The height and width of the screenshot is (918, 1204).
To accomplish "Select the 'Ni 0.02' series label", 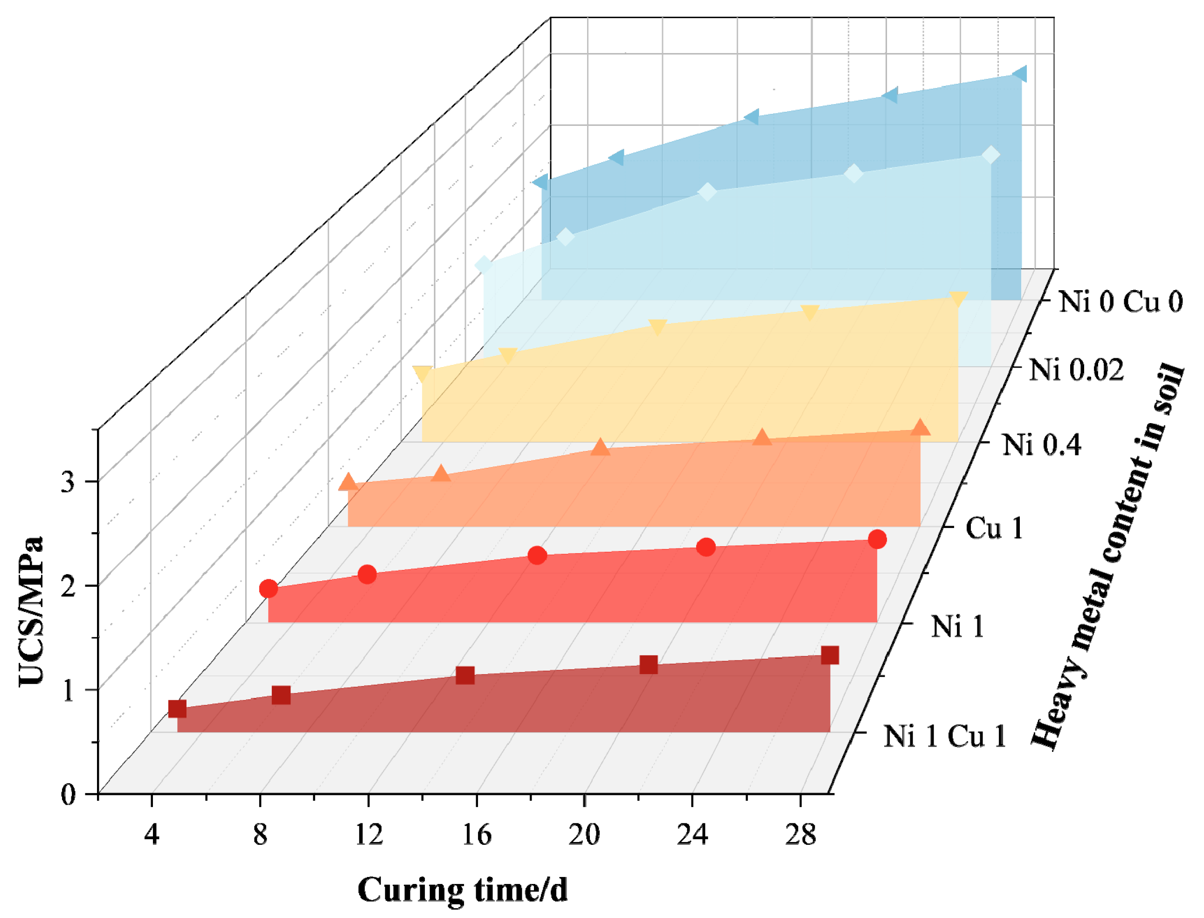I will click(x=1077, y=370).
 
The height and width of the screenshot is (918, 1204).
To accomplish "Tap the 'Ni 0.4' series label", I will click(x=1041, y=445).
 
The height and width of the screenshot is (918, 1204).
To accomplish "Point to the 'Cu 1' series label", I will click(x=994, y=529).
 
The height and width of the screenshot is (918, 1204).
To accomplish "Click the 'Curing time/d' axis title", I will click(x=462, y=889).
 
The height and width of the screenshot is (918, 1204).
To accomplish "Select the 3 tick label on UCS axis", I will click(x=68, y=482).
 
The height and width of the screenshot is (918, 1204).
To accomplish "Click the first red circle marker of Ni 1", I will click(x=268, y=589).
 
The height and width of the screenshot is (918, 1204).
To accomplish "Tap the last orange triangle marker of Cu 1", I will click(x=920, y=427).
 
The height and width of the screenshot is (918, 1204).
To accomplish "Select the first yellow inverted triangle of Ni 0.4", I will click(x=422, y=374).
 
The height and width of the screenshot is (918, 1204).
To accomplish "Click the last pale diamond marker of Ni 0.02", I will click(x=990, y=155).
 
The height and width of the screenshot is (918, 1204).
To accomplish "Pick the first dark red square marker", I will click(x=177, y=709).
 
